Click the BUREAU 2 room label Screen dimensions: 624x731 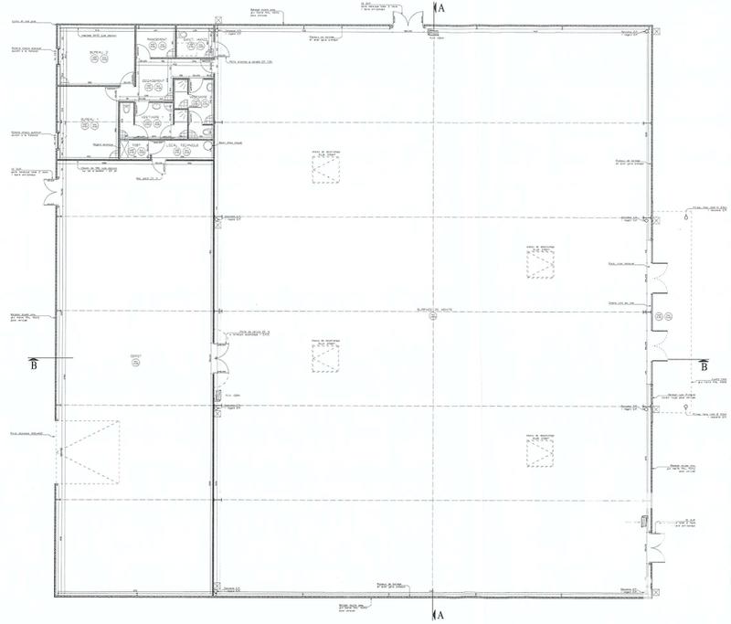tap(94, 54)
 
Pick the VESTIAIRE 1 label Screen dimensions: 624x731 tap(153, 117)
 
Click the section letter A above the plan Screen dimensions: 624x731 tap(440, 7)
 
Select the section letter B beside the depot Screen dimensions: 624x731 tap(35, 366)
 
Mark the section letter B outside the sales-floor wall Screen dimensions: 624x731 tap(704, 366)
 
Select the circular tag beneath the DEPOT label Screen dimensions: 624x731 tap(135, 364)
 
